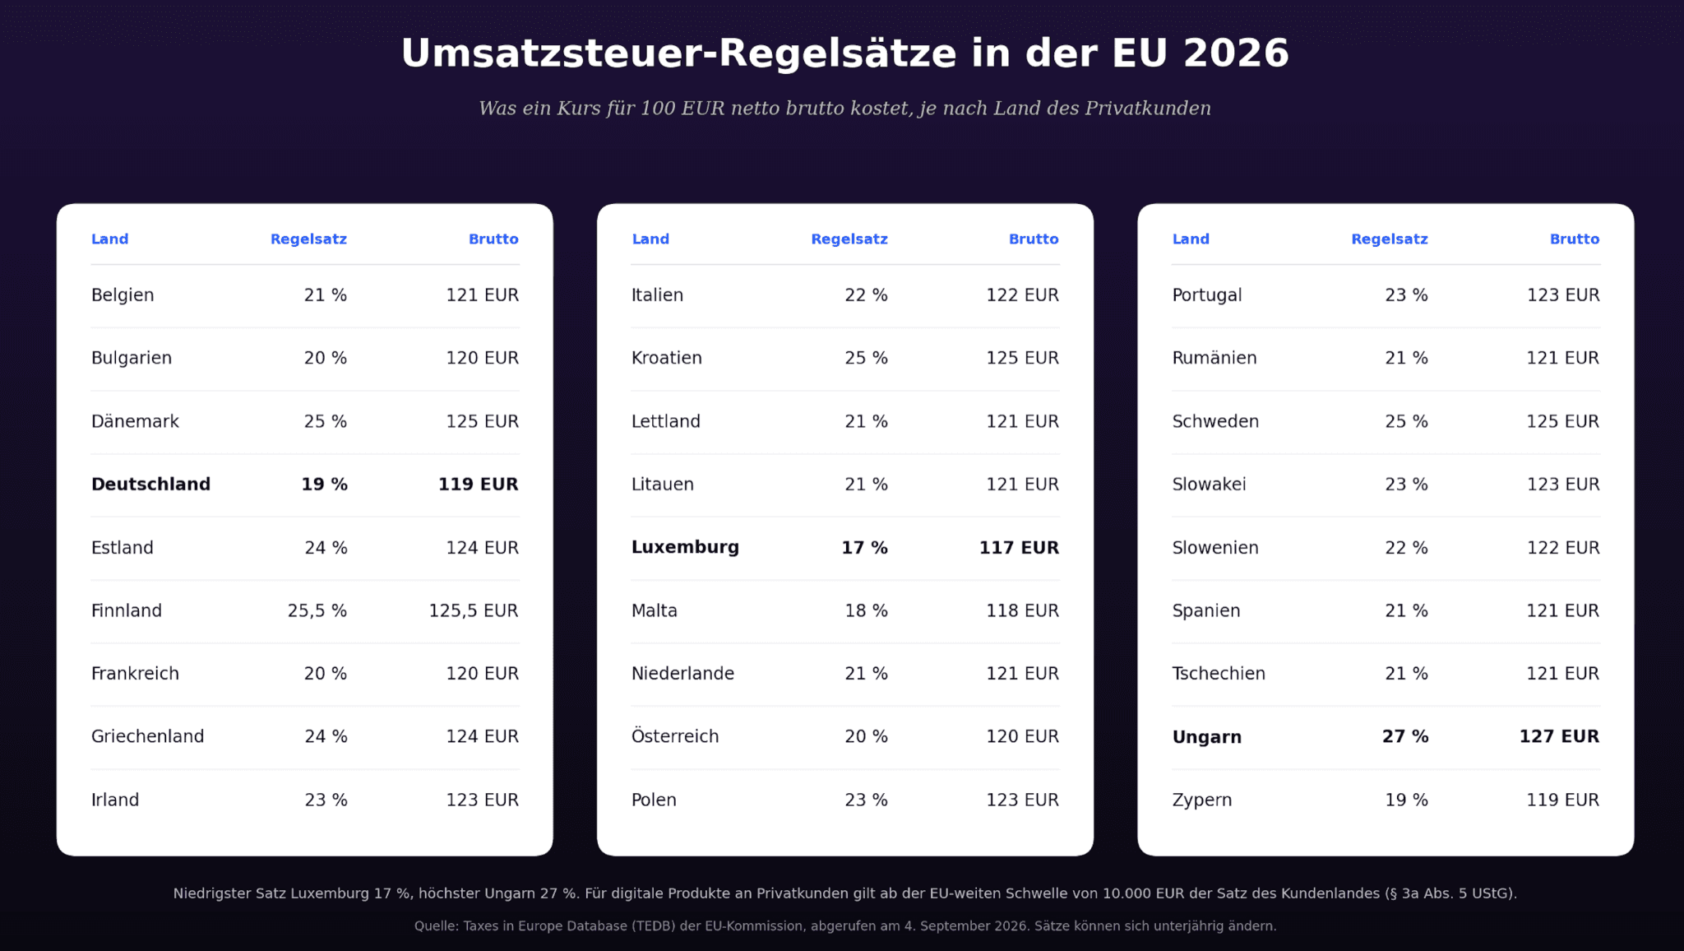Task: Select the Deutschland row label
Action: click(x=150, y=485)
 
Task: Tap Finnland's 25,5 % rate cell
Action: click(x=317, y=610)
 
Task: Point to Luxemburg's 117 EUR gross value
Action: click(x=1019, y=547)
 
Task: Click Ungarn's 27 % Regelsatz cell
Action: click(x=1405, y=736)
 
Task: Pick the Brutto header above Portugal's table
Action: click(x=1575, y=239)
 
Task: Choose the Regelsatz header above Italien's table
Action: click(x=849, y=239)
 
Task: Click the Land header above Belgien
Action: click(x=109, y=239)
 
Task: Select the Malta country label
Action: click(x=655, y=610)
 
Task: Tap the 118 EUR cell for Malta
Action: click(x=1022, y=610)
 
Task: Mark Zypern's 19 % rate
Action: click(x=1406, y=800)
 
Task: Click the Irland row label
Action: click(x=115, y=800)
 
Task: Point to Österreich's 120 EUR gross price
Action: click(x=1022, y=736)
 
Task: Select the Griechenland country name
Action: click(x=147, y=736)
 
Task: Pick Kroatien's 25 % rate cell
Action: click(x=866, y=358)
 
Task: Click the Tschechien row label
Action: click(x=1219, y=674)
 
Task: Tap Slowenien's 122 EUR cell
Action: click(x=1563, y=548)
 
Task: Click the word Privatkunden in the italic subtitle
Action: click(x=1148, y=109)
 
